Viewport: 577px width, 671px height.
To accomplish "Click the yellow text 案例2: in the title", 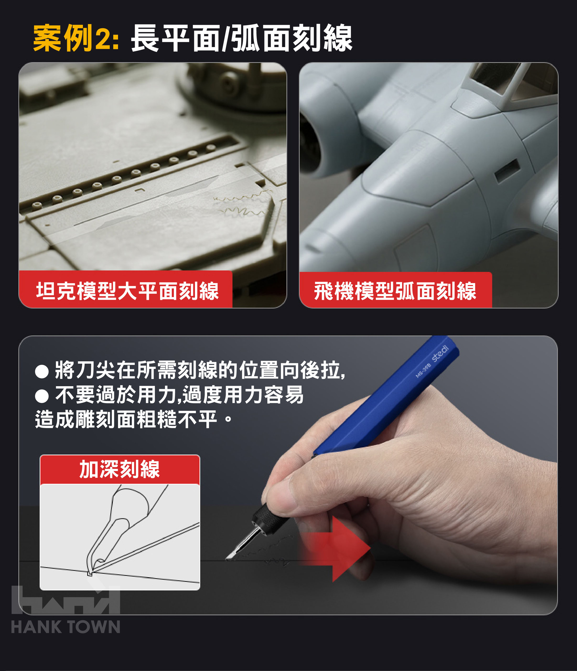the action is [76, 38].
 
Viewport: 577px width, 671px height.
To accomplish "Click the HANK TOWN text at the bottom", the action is [66, 627].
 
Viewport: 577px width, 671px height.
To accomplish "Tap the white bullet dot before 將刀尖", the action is [42, 371].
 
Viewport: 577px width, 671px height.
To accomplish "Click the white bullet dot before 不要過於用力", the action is [42, 396].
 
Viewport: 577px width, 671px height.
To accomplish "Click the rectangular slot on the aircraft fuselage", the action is [507, 171].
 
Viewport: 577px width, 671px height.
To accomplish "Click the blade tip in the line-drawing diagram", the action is [90, 574].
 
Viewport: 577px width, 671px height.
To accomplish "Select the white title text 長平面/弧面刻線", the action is [241, 38].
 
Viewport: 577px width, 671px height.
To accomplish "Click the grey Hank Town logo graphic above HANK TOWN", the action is [66, 600].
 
